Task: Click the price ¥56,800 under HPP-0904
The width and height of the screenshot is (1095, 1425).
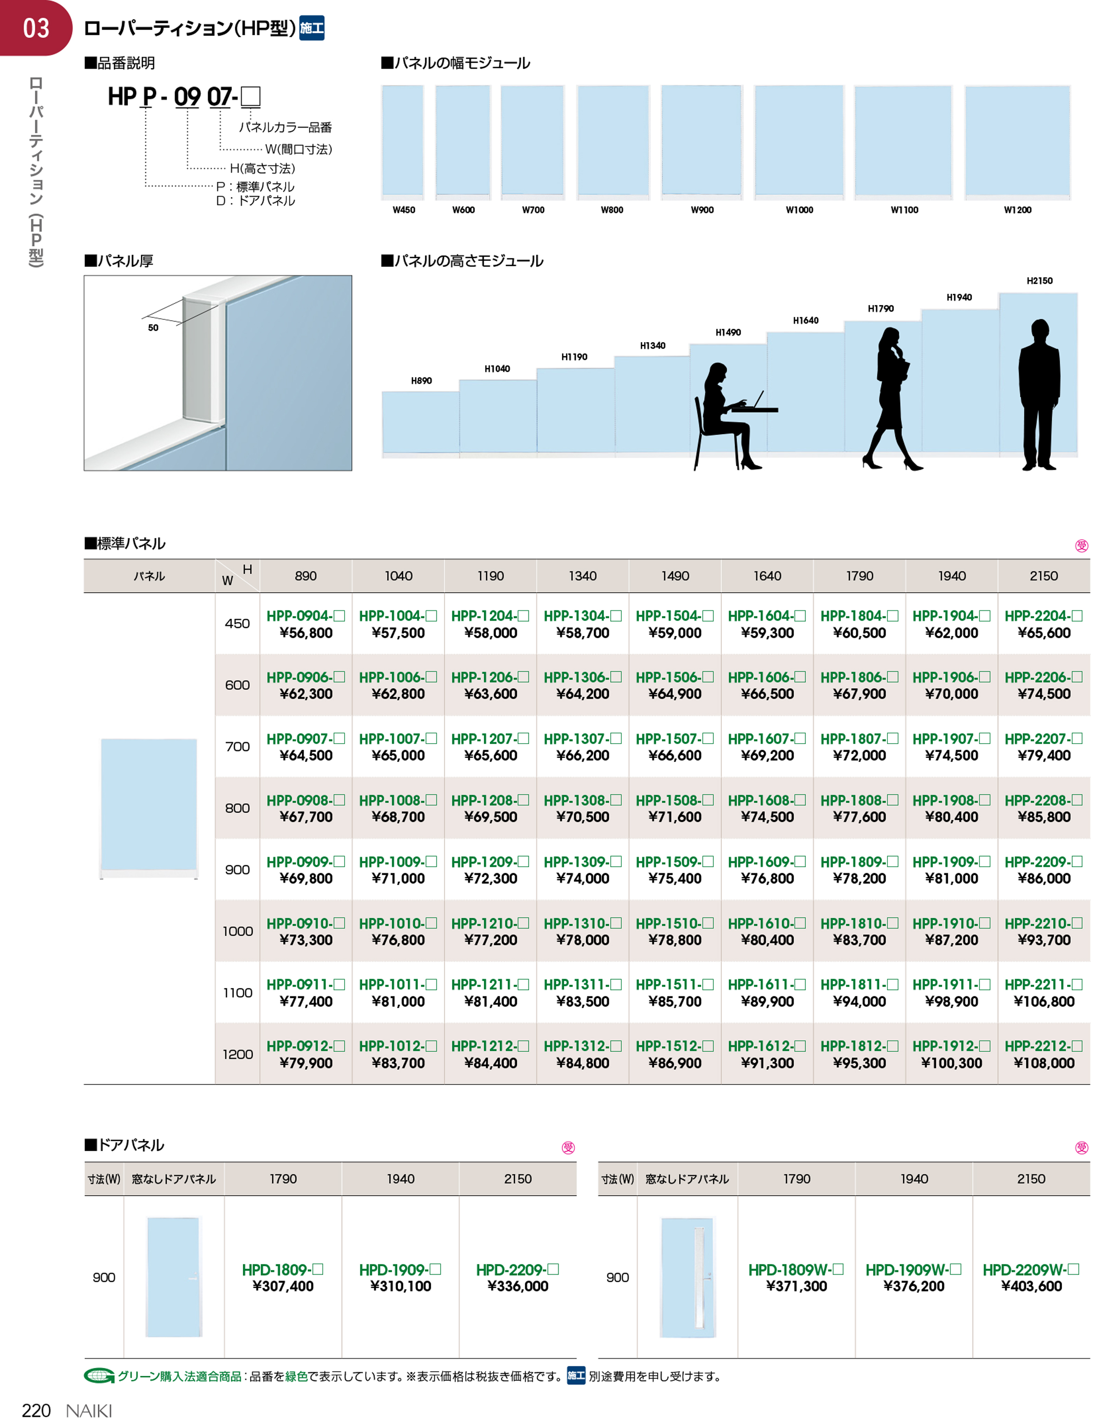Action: coord(306,633)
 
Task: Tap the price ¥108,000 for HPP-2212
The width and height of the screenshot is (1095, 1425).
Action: coord(1043,1063)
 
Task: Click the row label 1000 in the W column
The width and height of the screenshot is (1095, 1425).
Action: coord(237,931)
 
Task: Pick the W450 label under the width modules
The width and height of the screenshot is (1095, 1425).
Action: coord(404,210)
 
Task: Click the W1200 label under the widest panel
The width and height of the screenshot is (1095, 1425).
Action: coord(1017,210)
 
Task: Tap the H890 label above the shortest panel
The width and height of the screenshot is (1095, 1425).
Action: coord(421,381)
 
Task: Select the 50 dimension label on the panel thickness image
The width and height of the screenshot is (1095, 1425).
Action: coord(153,328)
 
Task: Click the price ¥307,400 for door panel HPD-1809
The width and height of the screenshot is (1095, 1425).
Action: coord(283,1286)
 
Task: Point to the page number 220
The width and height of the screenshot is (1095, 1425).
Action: coord(36,1411)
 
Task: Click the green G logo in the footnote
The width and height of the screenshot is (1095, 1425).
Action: coord(99,1376)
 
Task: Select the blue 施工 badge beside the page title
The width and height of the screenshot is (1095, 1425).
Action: coord(312,28)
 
